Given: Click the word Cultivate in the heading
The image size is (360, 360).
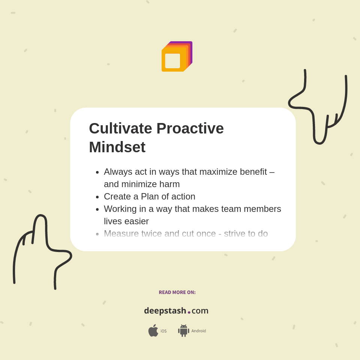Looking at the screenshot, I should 120,129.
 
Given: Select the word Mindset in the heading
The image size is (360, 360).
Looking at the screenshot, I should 117,147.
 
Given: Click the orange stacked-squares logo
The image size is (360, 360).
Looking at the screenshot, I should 177,57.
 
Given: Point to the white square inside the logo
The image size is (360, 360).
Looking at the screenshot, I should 172,61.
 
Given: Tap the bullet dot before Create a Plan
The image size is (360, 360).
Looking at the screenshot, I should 97,197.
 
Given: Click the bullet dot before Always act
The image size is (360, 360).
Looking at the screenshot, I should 97,172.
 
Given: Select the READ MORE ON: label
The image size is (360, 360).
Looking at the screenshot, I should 177,292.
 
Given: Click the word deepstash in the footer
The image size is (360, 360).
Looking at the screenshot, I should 165,311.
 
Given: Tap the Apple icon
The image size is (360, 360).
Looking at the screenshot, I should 153,331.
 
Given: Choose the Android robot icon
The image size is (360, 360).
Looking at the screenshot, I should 183,331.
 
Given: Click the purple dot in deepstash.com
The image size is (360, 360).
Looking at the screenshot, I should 189,312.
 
